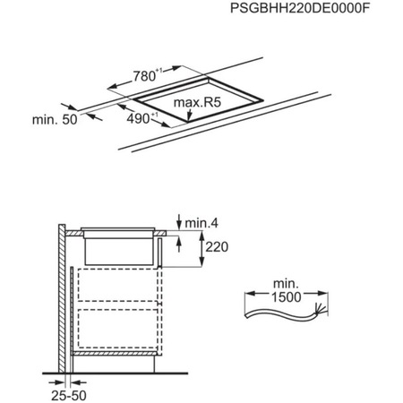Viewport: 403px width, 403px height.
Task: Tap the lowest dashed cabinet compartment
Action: tap(116, 330)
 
